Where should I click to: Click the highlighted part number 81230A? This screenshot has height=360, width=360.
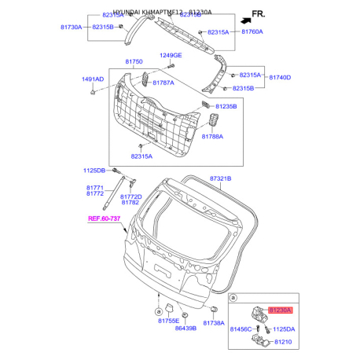pos(281,311)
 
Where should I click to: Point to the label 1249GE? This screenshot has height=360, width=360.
pos(171,56)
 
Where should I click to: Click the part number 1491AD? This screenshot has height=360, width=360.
pos(93,79)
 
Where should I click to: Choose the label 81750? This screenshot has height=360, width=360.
pos(134,62)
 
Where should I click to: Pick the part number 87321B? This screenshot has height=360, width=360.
pos(220,178)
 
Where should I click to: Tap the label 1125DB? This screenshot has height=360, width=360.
pos(94,170)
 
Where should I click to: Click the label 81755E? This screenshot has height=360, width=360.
pos(167,321)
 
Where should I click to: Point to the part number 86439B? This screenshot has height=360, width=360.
pos(185,329)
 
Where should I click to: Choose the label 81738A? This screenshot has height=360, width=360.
pos(214,322)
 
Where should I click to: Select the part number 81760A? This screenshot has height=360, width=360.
pos(252,31)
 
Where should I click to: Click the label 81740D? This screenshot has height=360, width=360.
pos(281,79)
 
